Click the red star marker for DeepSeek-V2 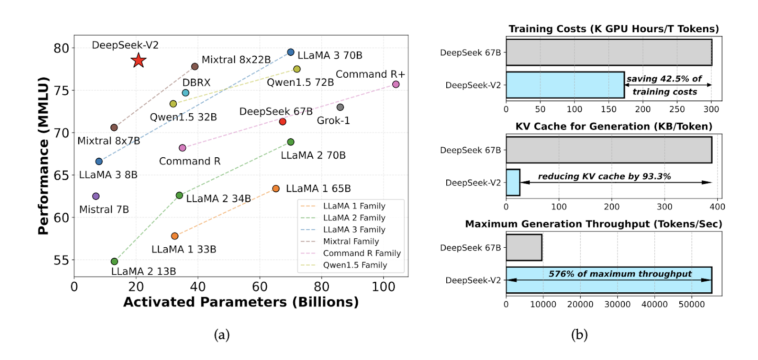point(138,61)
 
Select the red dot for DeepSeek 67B point(283,122)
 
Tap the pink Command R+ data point point(396,84)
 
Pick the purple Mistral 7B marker point(96,196)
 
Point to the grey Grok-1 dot point(340,108)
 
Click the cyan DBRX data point point(186,93)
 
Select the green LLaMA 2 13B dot point(114,261)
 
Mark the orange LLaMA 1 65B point point(276,189)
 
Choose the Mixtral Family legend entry point(351,242)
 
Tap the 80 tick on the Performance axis point(61,48)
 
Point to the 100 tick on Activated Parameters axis point(383,287)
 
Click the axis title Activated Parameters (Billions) point(241,302)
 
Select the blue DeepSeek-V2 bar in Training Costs point(565,85)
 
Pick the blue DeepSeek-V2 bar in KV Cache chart point(513,182)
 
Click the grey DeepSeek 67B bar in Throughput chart point(524,247)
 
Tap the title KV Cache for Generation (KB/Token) point(614,126)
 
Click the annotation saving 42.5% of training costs point(665,85)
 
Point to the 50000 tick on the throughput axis point(692,305)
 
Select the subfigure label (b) point(579,335)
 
